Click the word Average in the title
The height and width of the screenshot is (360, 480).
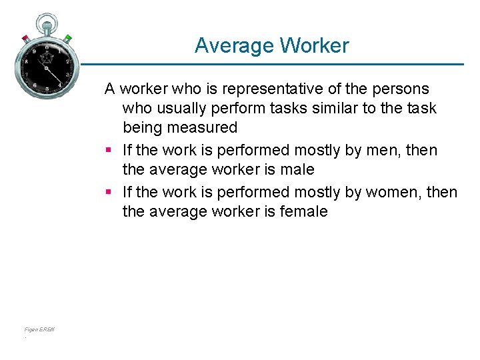coord(235,45)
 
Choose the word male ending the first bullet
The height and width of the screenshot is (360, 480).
coord(298,170)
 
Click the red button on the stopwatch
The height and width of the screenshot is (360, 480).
coord(25,37)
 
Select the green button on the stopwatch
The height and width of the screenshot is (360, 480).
coord(68,37)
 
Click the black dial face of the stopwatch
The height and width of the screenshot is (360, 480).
coord(46,65)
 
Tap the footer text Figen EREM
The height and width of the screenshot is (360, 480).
coord(39,329)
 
